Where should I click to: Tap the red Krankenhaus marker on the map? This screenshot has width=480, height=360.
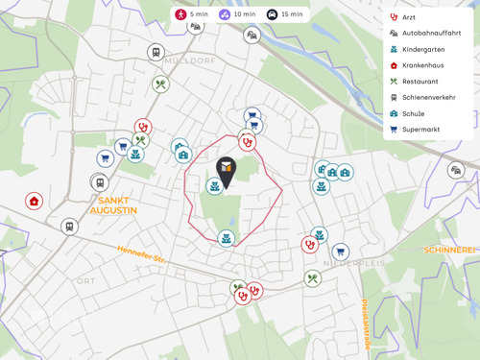point(35,202)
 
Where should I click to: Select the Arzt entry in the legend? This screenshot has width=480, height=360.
point(409,17)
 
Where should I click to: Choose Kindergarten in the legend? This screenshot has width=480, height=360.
point(423,49)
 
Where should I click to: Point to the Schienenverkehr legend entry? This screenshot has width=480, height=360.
point(428,97)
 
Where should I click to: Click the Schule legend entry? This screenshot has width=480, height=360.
point(413,113)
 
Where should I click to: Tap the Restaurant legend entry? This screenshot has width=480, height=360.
point(420,82)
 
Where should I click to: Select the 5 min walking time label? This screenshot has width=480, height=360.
point(192,14)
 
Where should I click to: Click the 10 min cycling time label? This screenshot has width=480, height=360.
point(236,14)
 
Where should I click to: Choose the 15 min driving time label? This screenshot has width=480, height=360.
point(284,14)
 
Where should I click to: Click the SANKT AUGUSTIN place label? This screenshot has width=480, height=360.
point(113,204)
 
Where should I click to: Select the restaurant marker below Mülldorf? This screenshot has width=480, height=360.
point(161,84)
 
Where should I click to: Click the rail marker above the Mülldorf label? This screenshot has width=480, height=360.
point(156,52)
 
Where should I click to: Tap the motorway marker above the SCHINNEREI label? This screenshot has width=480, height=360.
point(456,170)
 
